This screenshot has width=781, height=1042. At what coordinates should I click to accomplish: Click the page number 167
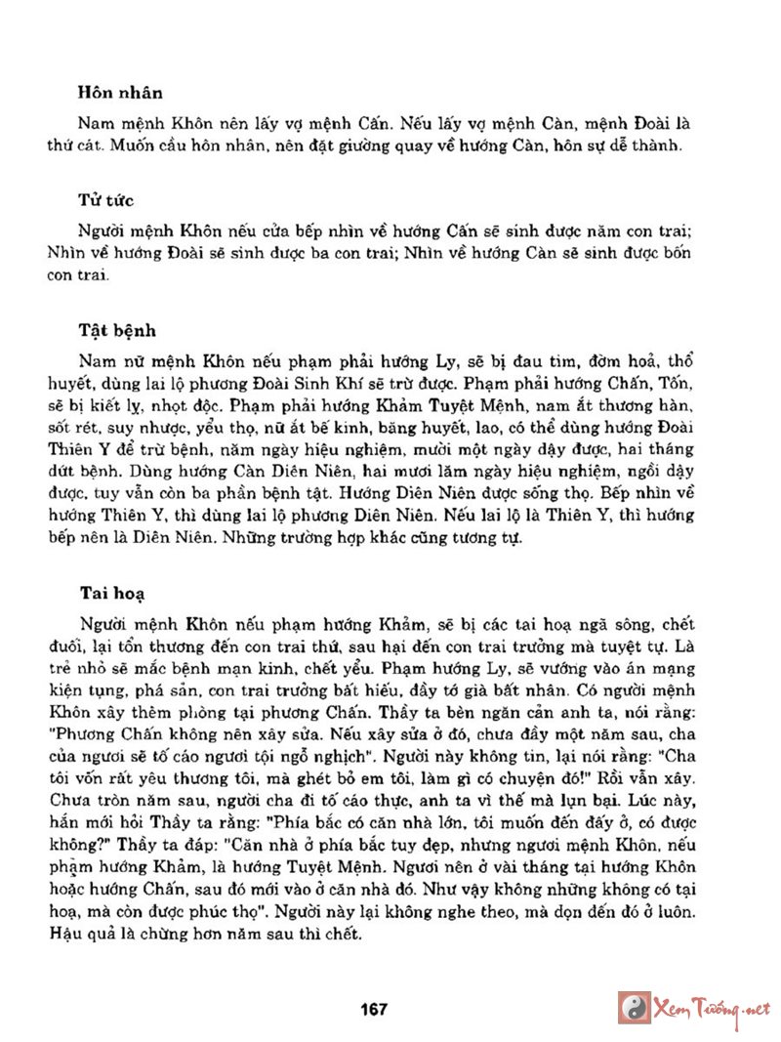pyautogui.click(x=374, y=1008)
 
